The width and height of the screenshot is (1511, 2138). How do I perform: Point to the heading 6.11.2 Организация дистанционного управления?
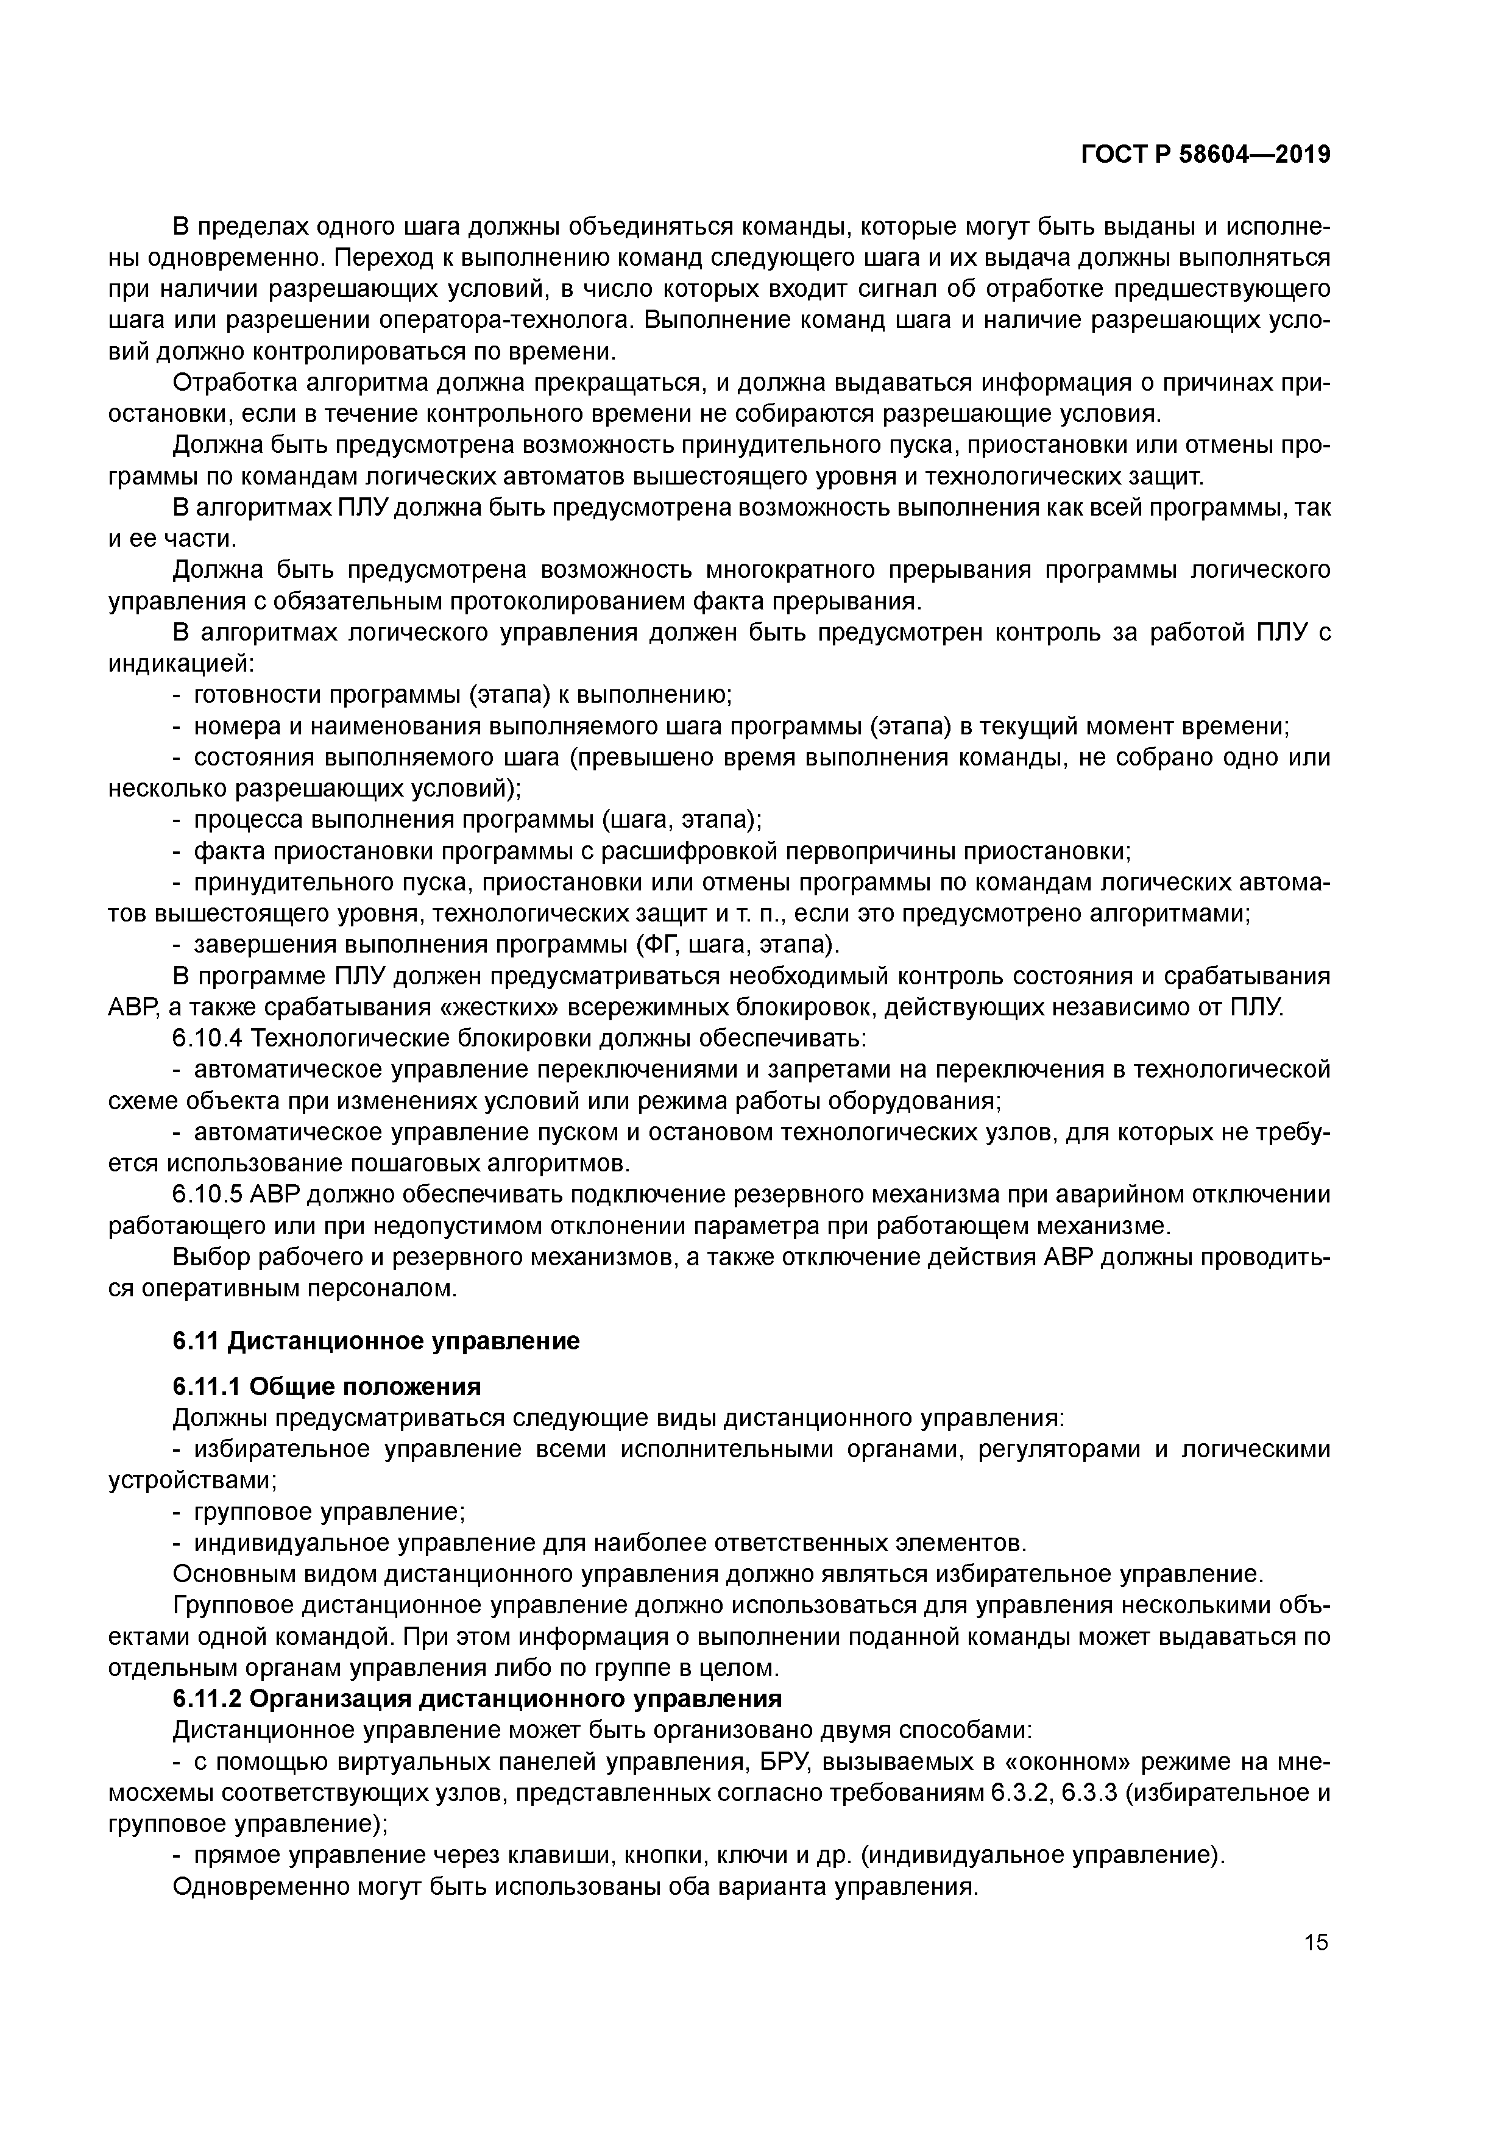pyautogui.click(x=476, y=1699)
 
